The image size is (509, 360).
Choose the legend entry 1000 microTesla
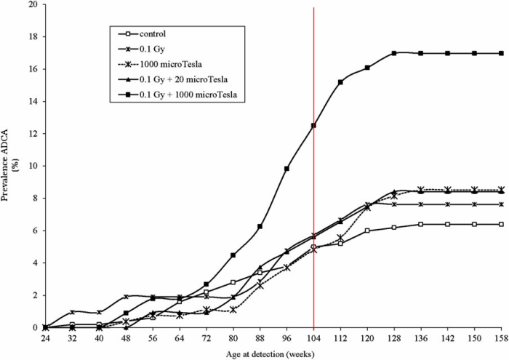point(171,64)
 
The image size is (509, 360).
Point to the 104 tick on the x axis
point(313,338)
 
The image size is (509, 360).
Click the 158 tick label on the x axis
point(501,338)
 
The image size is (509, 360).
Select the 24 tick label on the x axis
point(45,338)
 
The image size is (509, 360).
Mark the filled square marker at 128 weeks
point(394,53)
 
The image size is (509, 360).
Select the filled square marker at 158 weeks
point(501,53)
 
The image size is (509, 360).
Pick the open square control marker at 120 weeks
point(367,231)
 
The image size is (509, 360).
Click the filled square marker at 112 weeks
point(340,82)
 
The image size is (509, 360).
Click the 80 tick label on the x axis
point(233,338)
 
